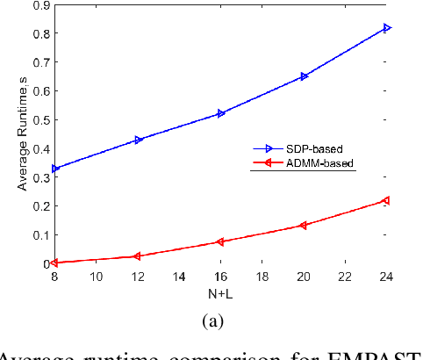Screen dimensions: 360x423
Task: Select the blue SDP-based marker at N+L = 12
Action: [136, 140]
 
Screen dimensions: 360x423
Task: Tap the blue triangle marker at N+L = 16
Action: [220, 113]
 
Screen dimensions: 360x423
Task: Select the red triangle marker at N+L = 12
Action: [136, 256]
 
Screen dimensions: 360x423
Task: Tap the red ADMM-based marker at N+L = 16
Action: [220, 241]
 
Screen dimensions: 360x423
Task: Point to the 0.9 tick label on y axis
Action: [39, 5]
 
